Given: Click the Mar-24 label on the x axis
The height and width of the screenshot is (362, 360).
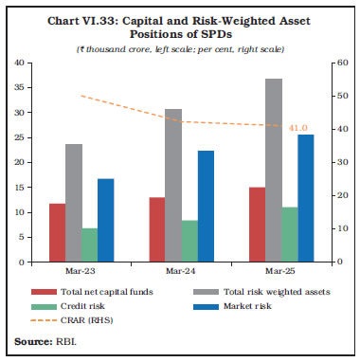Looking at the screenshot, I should point(176,271).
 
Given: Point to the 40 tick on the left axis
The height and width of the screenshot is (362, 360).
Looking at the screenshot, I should point(20,63).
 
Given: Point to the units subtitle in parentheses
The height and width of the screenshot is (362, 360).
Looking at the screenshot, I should point(180,47).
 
